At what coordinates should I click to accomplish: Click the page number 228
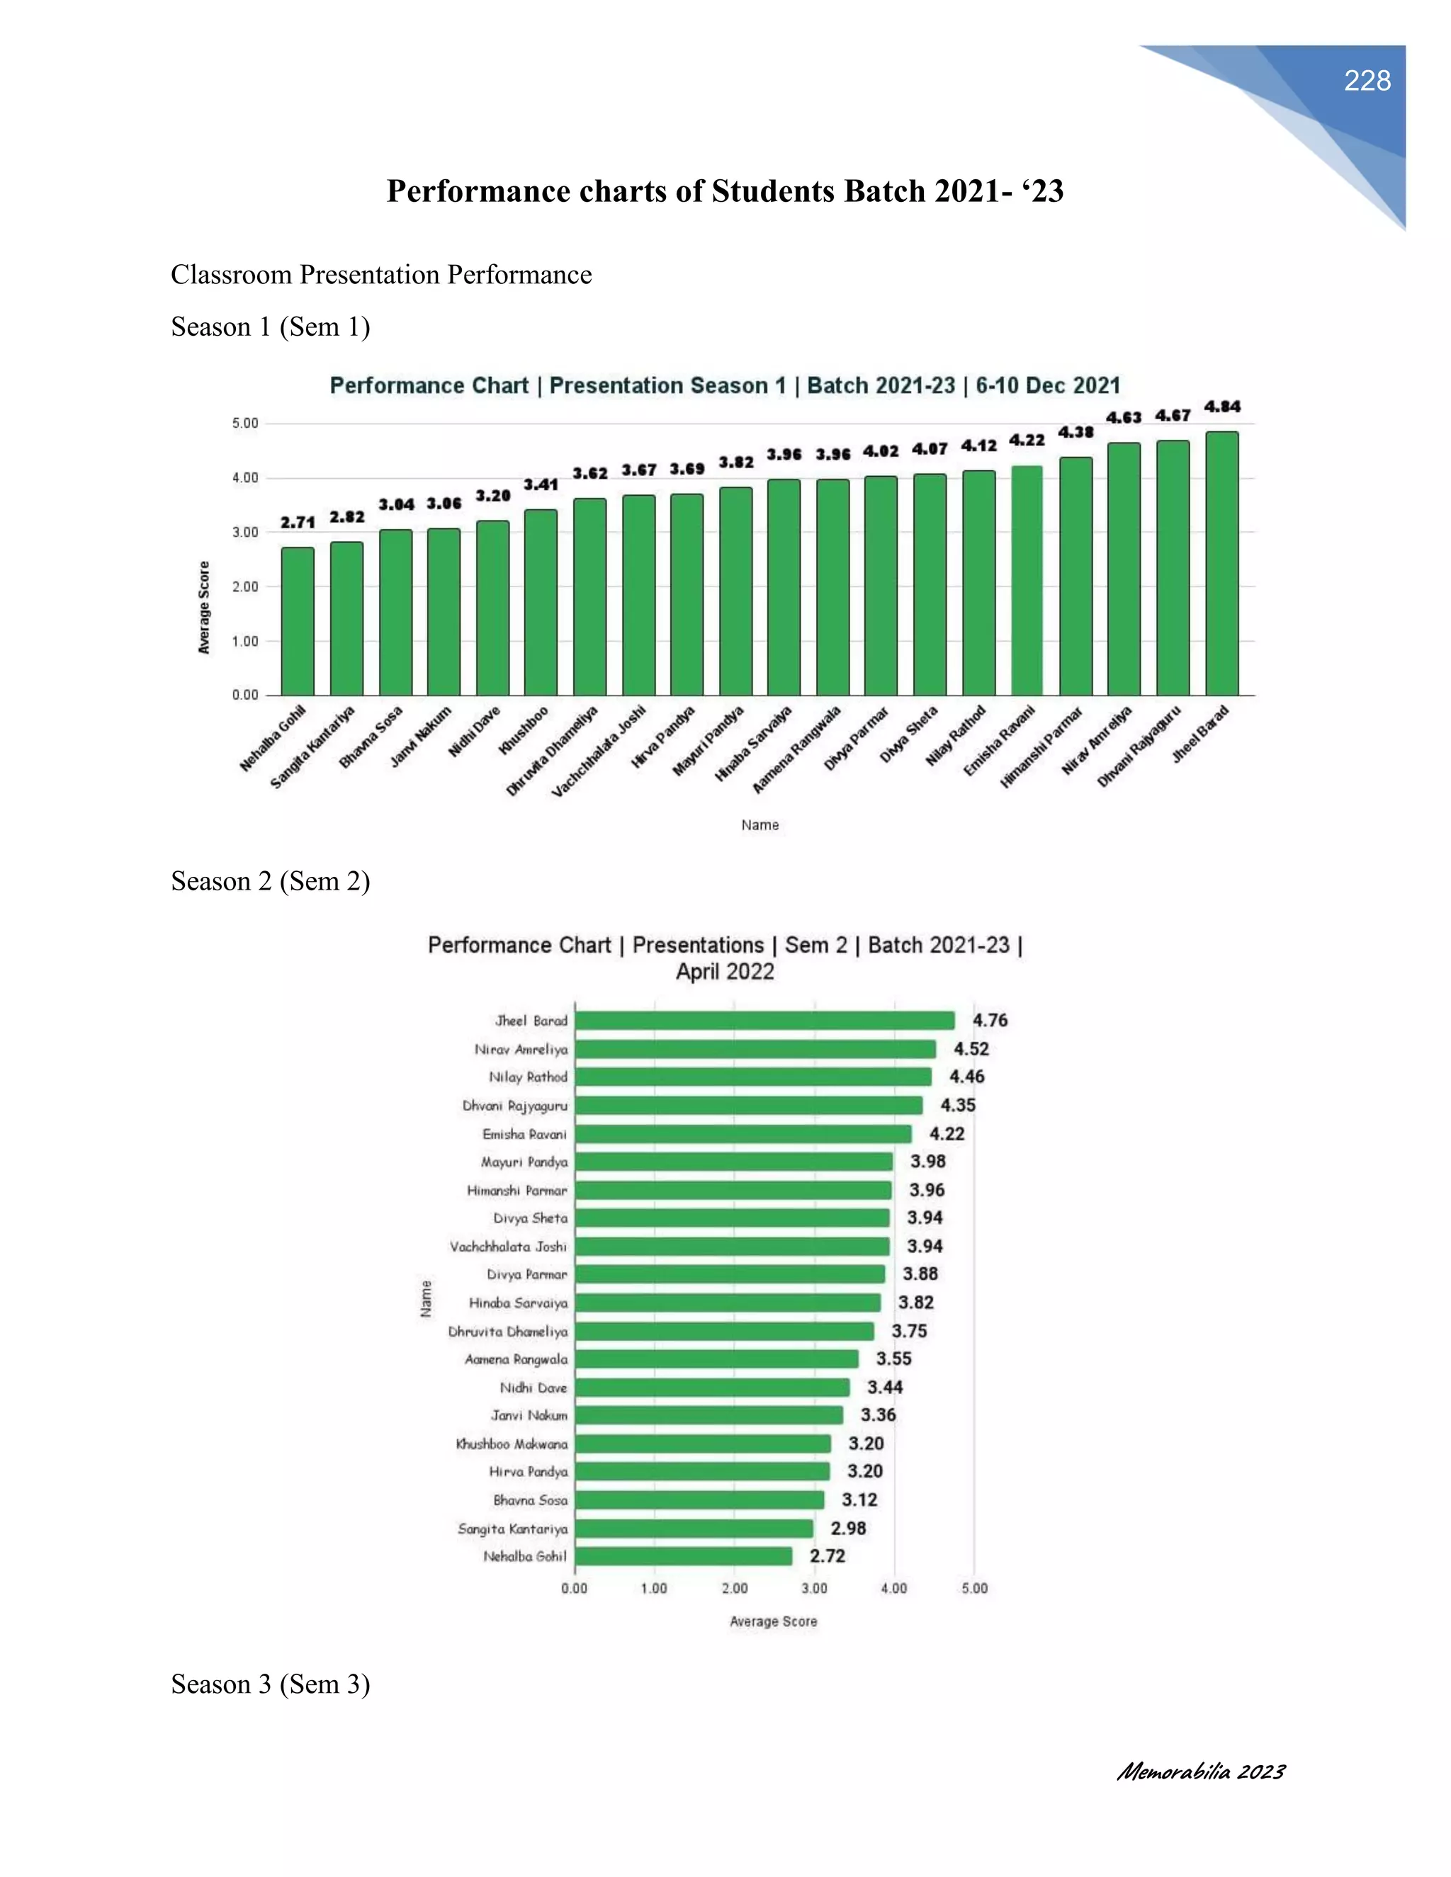[x=1367, y=81]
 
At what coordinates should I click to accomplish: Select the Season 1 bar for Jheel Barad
[x=1221, y=563]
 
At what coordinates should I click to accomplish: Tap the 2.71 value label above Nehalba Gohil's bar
[x=298, y=523]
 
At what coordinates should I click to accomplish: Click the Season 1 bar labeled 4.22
[x=1027, y=580]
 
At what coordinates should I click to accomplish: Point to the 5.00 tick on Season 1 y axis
[x=245, y=424]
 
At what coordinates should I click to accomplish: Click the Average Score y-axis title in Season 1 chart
[x=205, y=608]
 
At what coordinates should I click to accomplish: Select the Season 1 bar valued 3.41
[x=541, y=601]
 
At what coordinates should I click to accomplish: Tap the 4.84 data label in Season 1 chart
[x=1221, y=407]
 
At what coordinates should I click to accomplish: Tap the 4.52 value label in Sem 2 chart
[x=971, y=1048]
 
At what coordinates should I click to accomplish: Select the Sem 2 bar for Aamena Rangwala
[x=716, y=1359]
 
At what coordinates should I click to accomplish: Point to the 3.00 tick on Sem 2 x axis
[x=814, y=1588]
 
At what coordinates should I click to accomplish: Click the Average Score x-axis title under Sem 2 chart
[x=773, y=1622]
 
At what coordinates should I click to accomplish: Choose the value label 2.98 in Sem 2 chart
[x=847, y=1528]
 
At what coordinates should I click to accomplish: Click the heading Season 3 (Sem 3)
[x=270, y=1684]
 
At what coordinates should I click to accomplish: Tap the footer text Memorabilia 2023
[x=1200, y=1771]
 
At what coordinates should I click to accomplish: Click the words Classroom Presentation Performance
[x=380, y=275]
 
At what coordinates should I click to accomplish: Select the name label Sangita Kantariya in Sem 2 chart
[x=512, y=1529]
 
